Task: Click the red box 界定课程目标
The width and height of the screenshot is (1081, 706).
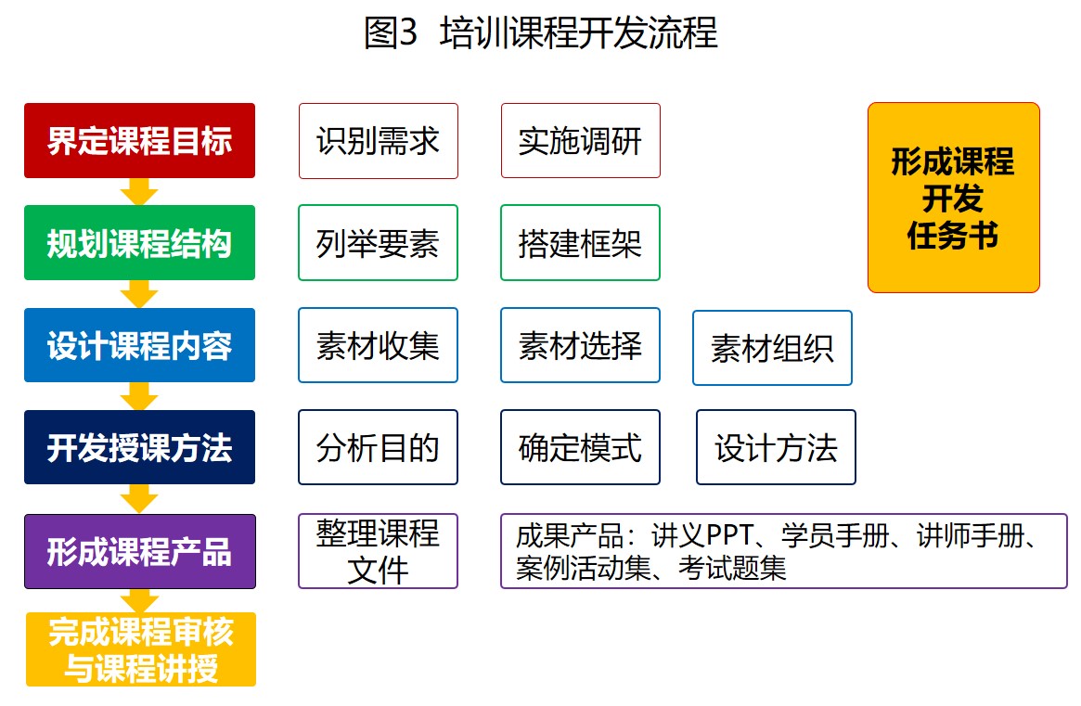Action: click(x=139, y=141)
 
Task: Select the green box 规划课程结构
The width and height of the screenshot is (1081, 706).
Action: click(x=139, y=243)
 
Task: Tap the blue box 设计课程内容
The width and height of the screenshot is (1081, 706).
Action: click(x=139, y=345)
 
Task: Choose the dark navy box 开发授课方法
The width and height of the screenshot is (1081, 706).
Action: click(x=139, y=447)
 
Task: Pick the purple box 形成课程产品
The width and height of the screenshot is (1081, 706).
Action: click(x=139, y=551)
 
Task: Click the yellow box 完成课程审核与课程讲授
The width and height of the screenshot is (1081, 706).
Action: click(x=141, y=649)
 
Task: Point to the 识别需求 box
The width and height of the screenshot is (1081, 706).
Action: click(x=378, y=141)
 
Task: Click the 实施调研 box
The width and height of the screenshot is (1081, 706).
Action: click(x=581, y=141)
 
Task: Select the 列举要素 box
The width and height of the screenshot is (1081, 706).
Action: click(x=378, y=243)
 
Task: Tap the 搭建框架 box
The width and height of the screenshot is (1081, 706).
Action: click(x=581, y=243)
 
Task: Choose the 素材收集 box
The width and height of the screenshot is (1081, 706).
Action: click(x=378, y=345)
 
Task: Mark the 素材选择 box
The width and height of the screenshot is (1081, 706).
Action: click(x=581, y=345)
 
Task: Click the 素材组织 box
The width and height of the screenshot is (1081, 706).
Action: click(x=772, y=348)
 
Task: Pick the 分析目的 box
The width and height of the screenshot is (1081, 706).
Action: click(x=378, y=447)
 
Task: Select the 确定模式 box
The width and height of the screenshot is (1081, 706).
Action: click(x=581, y=447)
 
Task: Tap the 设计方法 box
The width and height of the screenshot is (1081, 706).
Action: click(x=777, y=447)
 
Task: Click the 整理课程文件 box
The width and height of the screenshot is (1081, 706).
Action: click(x=378, y=551)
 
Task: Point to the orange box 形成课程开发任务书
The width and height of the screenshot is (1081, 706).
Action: click(x=954, y=198)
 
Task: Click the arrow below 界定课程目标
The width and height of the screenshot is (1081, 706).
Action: click(x=139, y=192)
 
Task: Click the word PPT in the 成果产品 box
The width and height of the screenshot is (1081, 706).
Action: click(x=730, y=535)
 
